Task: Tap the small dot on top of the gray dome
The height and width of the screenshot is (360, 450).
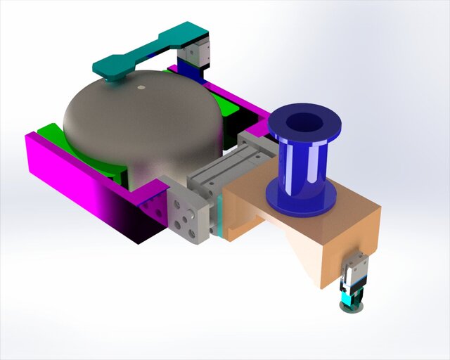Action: tap(141, 88)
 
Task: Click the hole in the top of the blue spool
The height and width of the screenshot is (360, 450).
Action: tap(304, 123)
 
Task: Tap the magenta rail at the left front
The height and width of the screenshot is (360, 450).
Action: tap(70, 176)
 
